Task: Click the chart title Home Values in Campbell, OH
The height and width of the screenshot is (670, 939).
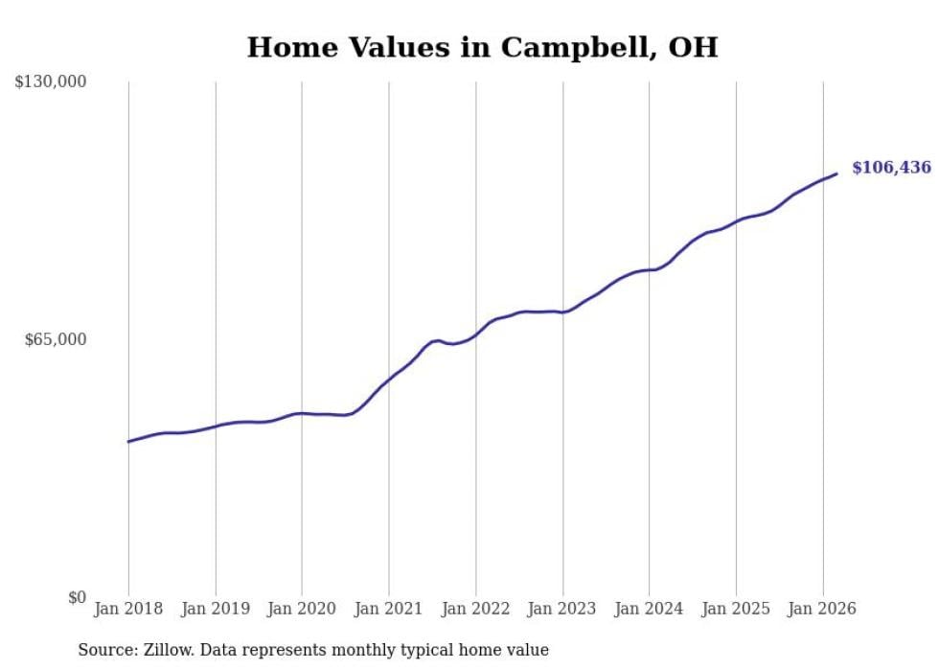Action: [x=482, y=48]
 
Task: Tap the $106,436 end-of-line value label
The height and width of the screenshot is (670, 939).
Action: [x=891, y=168]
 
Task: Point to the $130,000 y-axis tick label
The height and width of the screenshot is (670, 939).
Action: [x=51, y=82]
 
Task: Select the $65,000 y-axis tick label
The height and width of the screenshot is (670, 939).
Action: [x=56, y=339]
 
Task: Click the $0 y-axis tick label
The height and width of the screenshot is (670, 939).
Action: [x=77, y=597]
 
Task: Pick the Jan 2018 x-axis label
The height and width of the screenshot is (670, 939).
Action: [x=128, y=609]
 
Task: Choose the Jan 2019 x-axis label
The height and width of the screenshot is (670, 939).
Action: [x=216, y=609]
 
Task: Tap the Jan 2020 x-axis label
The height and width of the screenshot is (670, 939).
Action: [x=302, y=609]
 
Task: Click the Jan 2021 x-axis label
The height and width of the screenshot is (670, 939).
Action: [x=389, y=609]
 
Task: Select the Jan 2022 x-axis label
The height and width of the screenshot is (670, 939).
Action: [x=475, y=609]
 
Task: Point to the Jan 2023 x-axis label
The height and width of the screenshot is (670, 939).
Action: [x=562, y=609]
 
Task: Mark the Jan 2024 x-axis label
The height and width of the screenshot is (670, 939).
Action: [x=649, y=609]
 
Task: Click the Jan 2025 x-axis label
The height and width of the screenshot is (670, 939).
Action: [x=736, y=609]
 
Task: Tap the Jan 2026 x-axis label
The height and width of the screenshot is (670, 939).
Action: [x=822, y=609]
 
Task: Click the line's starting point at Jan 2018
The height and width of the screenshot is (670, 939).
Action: [x=128, y=442]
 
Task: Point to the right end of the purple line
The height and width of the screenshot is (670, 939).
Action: [x=837, y=173]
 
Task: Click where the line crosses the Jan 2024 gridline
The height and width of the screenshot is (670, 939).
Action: [x=649, y=270]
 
